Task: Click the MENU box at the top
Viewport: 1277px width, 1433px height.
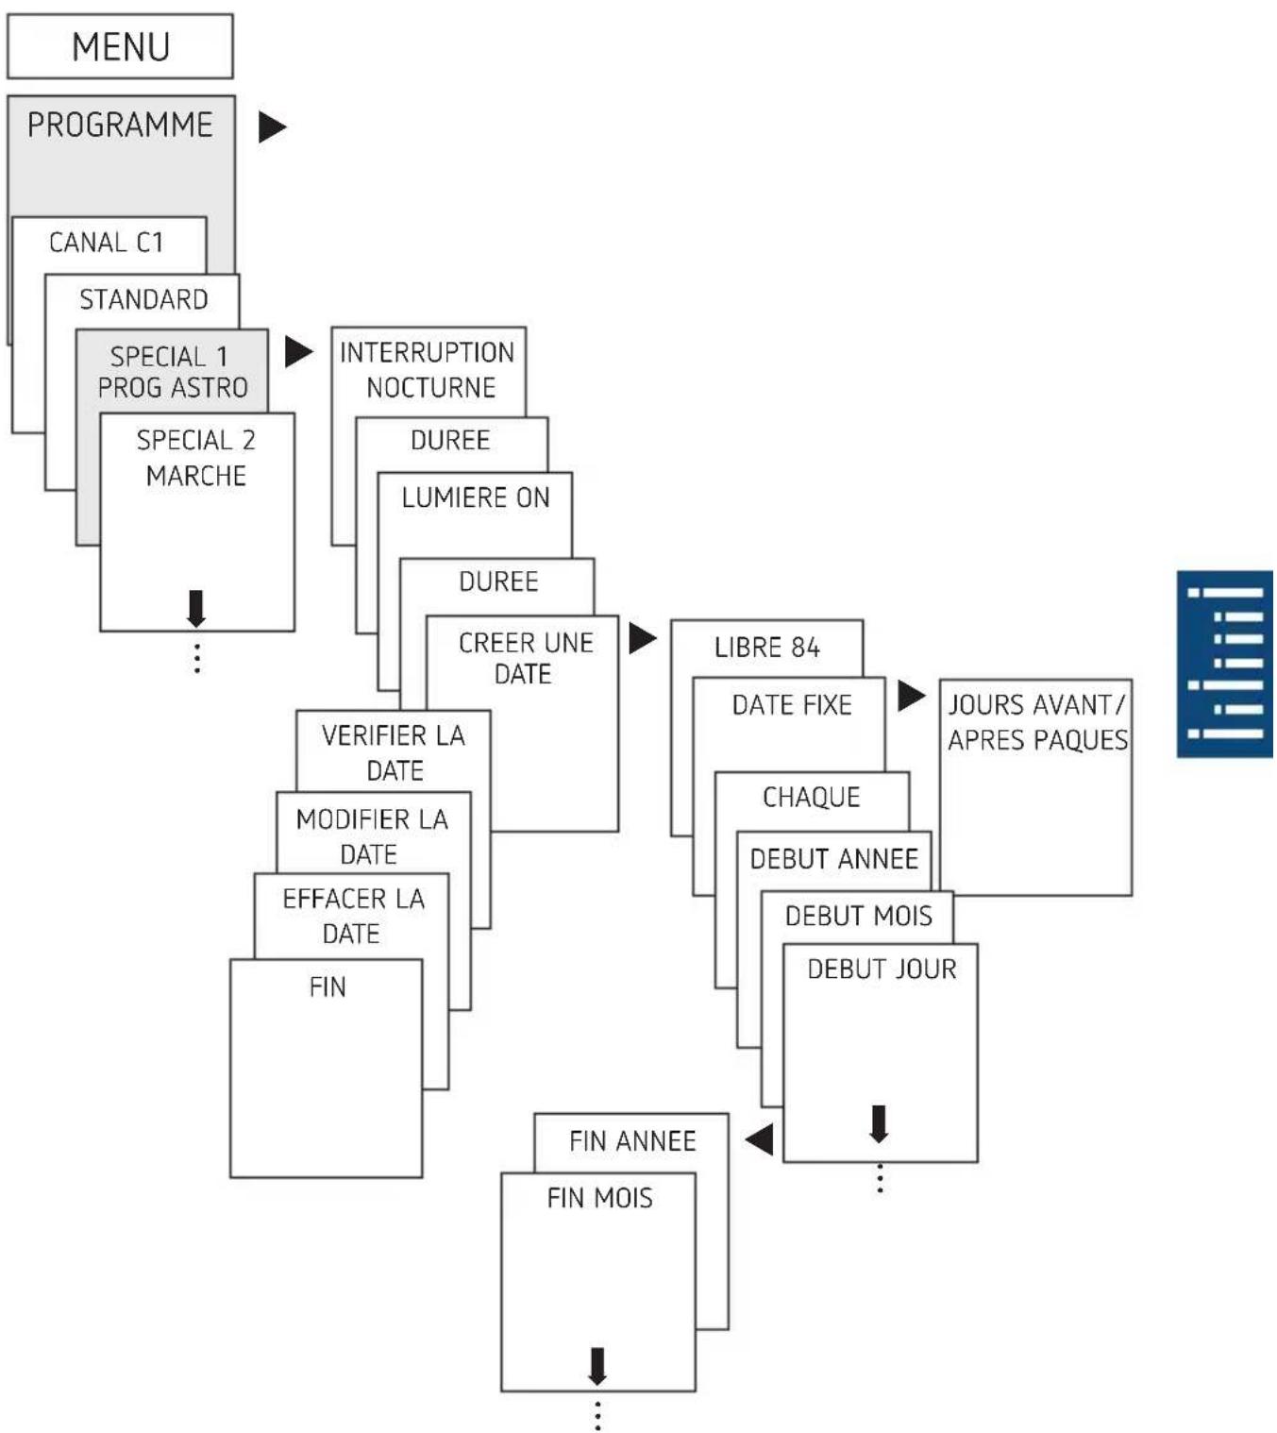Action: (x=120, y=46)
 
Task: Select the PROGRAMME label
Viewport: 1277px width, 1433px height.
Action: (x=120, y=126)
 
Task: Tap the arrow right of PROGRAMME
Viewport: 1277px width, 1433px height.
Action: (x=272, y=127)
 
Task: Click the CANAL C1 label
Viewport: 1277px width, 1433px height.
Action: (x=106, y=243)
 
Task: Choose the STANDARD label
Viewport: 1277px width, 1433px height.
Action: (x=143, y=299)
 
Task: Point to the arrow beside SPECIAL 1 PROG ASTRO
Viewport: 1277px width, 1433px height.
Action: (x=299, y=351)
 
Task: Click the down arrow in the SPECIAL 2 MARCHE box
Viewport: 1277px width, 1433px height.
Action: (x=196, y=608)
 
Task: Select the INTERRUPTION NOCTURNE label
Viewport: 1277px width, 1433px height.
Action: (x=428, y=370)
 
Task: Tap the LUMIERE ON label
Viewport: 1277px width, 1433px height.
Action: (x=476, y=497)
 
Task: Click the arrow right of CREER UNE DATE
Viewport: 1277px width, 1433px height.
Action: (x=642, y=638)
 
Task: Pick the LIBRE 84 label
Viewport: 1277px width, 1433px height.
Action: (x=767, y=648)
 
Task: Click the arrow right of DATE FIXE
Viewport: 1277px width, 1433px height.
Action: (x=912, y=696)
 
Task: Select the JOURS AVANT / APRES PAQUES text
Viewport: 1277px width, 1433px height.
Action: (x=1038, y=722)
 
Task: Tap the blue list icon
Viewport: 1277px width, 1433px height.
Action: (x=1225, y=665)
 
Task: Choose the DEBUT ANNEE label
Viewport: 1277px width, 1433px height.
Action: (x=834, y=859)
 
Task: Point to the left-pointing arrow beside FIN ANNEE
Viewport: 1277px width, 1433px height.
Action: (x=759, y=1138)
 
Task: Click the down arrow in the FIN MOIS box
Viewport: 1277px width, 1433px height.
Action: (x=597, y=1366)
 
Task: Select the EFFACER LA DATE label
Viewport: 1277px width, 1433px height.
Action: (x=354, y=916)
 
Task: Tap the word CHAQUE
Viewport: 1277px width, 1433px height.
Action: (x=812, y=797)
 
